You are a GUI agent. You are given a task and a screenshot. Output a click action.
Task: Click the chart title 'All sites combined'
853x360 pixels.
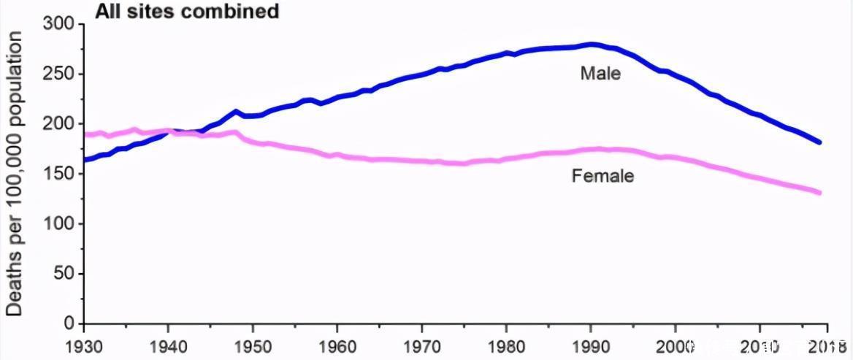pos(186,11)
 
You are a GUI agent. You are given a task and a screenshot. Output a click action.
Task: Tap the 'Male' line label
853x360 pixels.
pos(600,73)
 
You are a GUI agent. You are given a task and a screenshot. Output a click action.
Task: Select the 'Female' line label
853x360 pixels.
pos(603,176)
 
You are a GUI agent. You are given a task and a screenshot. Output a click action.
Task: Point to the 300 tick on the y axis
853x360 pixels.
pos(61,24)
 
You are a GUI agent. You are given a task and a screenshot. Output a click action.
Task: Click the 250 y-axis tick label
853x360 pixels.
pos(61,74)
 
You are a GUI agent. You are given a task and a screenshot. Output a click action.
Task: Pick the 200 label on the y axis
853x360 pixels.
pos(61,123)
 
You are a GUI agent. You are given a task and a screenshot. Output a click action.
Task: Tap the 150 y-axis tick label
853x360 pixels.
pos(61,174)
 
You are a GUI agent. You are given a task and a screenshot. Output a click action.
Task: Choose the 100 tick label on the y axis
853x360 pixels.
pos(61,223)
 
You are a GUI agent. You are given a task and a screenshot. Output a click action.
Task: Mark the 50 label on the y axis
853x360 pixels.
pos(66,274)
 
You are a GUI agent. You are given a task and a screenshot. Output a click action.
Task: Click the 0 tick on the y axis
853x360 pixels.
pos(70,323)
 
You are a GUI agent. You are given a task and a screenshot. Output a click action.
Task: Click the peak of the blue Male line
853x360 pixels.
pos(592,45)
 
